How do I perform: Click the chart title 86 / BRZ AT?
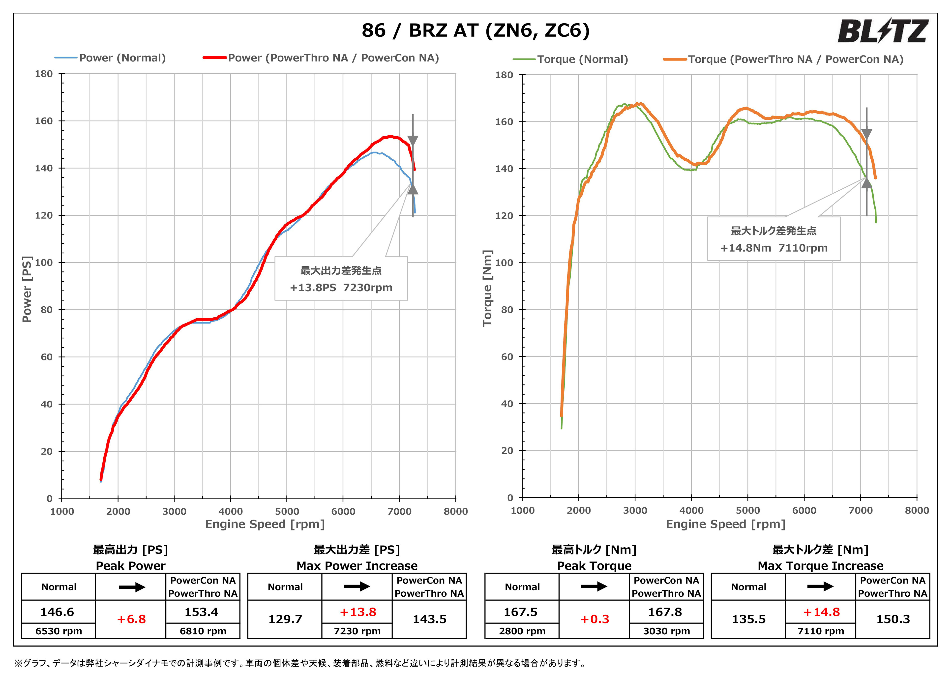pos(475,30)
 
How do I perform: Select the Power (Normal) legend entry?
pos(122,58)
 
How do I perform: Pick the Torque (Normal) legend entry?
pos(582,59)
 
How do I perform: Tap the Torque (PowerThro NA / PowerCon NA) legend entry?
pos(795,59)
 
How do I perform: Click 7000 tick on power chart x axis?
pos(399,511)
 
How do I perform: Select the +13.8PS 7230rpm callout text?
pos(341,287)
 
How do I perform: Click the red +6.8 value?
pos(131,619)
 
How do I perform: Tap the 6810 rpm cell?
pos(203,631)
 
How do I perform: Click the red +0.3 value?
pos(594,619)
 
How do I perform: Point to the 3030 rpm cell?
pos(666,631)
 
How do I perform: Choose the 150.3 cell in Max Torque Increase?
pos(893,619)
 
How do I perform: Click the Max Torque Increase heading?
pos(820,566)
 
